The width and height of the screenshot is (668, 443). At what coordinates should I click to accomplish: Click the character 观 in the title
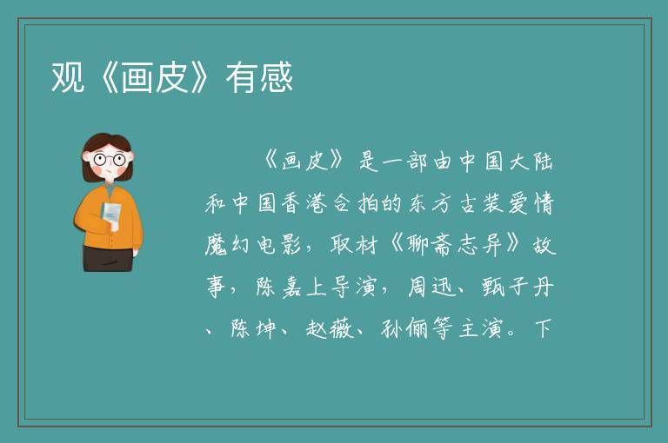[x=68, y=77]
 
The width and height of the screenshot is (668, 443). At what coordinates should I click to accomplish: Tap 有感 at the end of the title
[x=259, y=77]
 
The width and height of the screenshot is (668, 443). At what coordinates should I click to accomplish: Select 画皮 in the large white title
[x=155, y=77]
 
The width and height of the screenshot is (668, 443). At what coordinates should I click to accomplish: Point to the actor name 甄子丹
[x=518, y=287]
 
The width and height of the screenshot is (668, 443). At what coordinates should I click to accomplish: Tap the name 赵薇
[x=330, y=328]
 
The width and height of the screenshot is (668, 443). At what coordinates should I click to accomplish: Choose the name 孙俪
[x=404, y=328]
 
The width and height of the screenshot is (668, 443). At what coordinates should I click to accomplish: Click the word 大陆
[x=531, y=162]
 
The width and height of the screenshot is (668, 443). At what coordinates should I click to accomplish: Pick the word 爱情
[x=531, y=203]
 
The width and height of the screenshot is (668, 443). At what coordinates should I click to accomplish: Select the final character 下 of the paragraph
[x=543, y=328]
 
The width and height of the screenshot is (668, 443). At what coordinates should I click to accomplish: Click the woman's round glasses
[x=110, y=160]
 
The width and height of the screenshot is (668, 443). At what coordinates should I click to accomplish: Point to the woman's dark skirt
[x=107, y=258]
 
